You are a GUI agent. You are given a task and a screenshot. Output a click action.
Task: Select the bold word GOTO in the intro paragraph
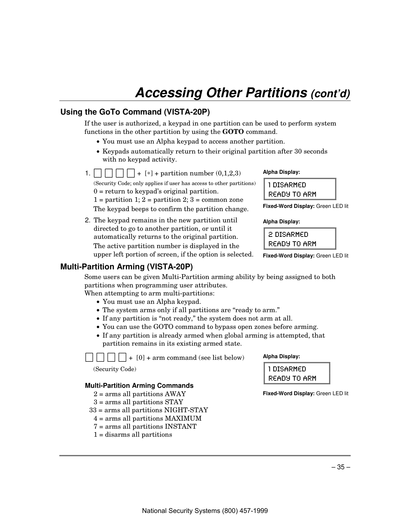click(x=233, y=132)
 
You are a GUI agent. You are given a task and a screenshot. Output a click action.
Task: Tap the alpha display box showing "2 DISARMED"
click(x=300, y=239)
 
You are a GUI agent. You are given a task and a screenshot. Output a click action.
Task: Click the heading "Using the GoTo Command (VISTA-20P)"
click(x=135, y=112)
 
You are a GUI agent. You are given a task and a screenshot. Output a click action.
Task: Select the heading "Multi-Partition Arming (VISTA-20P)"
click(x=127, y=267)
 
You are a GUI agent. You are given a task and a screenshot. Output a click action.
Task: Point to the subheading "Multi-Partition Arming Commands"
click(x=139, y=386)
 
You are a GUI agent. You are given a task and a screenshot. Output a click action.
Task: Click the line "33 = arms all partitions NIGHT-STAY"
click(x=149, y=410)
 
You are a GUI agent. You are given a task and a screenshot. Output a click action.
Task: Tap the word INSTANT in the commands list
click(x=180, y=426)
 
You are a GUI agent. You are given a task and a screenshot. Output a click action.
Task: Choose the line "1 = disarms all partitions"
click(x=133, y=434)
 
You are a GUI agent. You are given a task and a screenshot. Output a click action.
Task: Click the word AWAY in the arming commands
click(x=175, y=394)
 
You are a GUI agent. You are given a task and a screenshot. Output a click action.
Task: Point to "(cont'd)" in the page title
click(x=330, y=94)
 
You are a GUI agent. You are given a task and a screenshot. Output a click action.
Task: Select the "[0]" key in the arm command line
click(x=141, y=358)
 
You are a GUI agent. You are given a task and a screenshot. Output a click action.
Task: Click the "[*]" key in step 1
click(x=149, y=173)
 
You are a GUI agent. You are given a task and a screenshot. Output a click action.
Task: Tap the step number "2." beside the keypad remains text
click(x=87, y=220)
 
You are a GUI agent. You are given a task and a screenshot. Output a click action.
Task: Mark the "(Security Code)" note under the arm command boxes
click(x=115, y=369)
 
